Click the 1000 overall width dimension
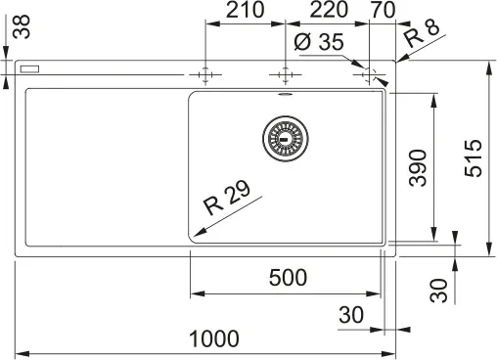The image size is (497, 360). pos(214,338)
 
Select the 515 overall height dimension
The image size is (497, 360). pos(474,158)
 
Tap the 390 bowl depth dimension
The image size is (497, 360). pos(418,168)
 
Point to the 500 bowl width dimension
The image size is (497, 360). pos(288,278)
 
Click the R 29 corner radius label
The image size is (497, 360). pos(227,198)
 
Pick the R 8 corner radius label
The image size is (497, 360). pos(422,34)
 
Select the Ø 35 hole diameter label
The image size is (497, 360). pos(319,42)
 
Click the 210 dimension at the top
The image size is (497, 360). pos(246,10)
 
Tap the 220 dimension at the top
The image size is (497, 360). pos(329,10)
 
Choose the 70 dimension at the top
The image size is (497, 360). pos(383,10)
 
